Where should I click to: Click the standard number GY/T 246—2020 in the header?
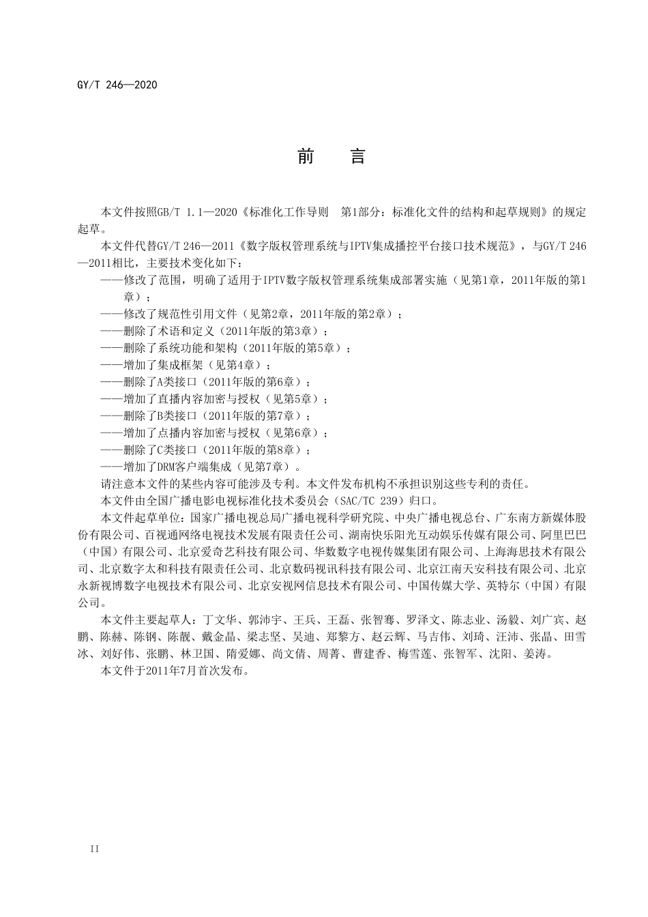[118, 85]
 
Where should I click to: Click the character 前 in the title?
[306, 157]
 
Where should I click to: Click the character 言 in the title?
[358, 157]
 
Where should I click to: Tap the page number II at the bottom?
[95, 849]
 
